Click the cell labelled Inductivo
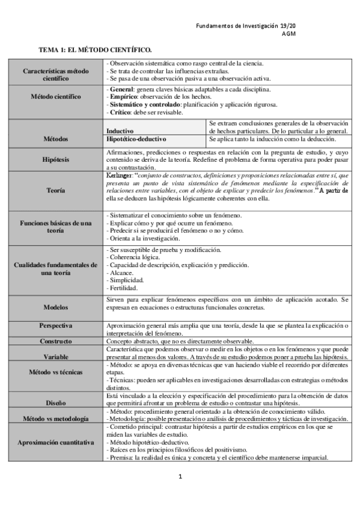[x=120, y=130]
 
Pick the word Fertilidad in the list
[x=125, y=288]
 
